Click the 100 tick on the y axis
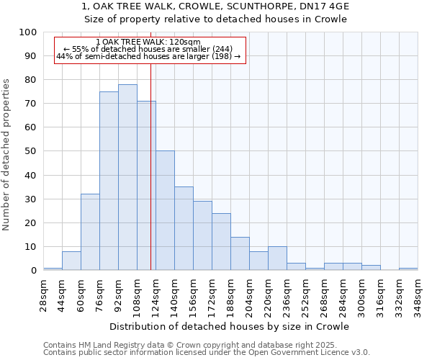click(x=28, y=32)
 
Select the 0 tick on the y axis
click(x=34, y=271)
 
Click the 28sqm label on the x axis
click(x=43, y=295)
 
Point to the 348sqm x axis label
click(x=418, y=295)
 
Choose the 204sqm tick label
click(x=249, y=295)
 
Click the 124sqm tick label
click(x=156, y=295)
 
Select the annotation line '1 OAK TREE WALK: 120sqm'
click(x=148, y=42)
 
